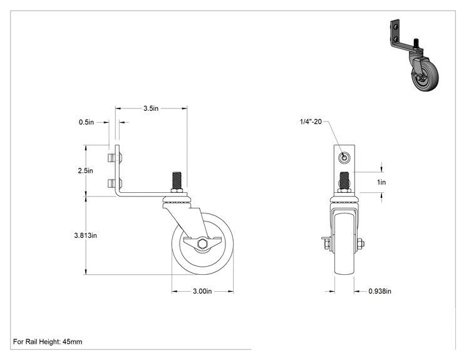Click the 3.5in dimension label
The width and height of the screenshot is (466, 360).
tap(151, 108)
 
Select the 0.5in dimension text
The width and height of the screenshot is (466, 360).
tap(86, 122)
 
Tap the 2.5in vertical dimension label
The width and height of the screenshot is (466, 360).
tap(86, 170)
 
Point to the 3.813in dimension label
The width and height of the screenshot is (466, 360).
tap(86, 235)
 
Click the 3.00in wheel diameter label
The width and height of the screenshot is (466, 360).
tap(202, 291)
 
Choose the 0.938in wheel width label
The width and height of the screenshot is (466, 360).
tap(380, 291)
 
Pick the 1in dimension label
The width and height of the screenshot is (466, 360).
tap(381, 182)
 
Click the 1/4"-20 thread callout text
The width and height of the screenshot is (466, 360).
tap(311, 121)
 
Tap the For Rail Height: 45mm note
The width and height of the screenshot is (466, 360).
tap(48, 342)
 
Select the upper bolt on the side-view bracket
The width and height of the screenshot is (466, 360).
tap(114, 158)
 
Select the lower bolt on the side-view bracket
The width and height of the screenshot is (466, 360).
tap(114, 183)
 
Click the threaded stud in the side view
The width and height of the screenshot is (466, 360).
tap(177, 180)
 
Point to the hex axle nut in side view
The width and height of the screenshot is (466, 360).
tap(203, 244)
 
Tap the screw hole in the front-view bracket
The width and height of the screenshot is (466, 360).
tap(344, 157)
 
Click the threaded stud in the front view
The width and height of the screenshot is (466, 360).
tap(344, 180)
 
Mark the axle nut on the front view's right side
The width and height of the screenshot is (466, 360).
tap(361, 244)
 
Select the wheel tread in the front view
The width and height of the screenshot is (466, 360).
tap(344, 243)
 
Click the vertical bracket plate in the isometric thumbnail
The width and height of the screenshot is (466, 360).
tap(395, 32)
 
